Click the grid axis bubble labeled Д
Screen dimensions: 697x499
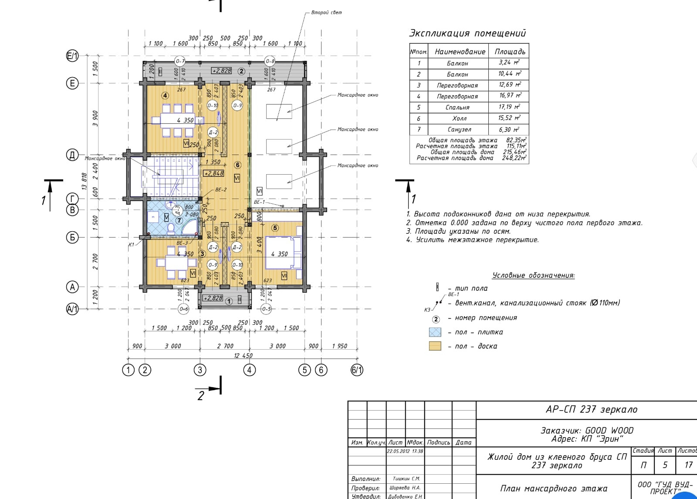coord(72,155)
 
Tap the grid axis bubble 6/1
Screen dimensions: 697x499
coord(357,370)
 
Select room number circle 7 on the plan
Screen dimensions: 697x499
coord(179,221)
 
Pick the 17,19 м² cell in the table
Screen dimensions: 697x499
coord(509,107)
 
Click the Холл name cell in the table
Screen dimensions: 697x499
coord(458,118)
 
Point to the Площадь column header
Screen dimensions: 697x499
coord(509,51)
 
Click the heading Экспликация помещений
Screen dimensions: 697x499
coord(467,33)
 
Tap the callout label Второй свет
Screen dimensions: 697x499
coord(326,12)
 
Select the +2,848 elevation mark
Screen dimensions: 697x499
coord(213,173)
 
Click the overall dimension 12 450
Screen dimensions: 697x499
coord(243,355)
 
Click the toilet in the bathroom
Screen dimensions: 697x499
coord(171,229)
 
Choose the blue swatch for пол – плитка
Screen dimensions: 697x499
coord(435,332)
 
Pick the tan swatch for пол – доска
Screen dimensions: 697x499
coord(435,346)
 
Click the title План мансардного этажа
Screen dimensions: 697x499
coord(553,488)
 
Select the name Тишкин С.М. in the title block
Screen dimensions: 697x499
coord(406,479)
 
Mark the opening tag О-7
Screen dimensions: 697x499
coord(180,61)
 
